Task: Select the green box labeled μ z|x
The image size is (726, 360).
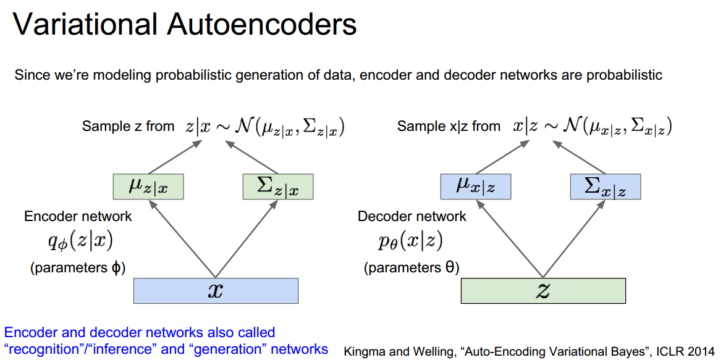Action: [x=148, y=186]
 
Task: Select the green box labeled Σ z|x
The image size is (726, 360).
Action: [x=278, y=186]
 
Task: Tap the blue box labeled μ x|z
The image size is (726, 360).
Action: [x=475, y=186]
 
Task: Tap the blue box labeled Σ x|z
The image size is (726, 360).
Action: [x=606, y=186]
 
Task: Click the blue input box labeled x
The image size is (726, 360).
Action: [x=216, y=290]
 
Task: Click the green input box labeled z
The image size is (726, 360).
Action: [x=543, y=290]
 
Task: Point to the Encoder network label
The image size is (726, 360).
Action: [x=78, y=216]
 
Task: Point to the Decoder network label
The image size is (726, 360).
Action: [x=412, y=216]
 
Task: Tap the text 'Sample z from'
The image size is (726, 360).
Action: [x=128, y=127]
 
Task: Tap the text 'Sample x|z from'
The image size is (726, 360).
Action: [x=449, y=127]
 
